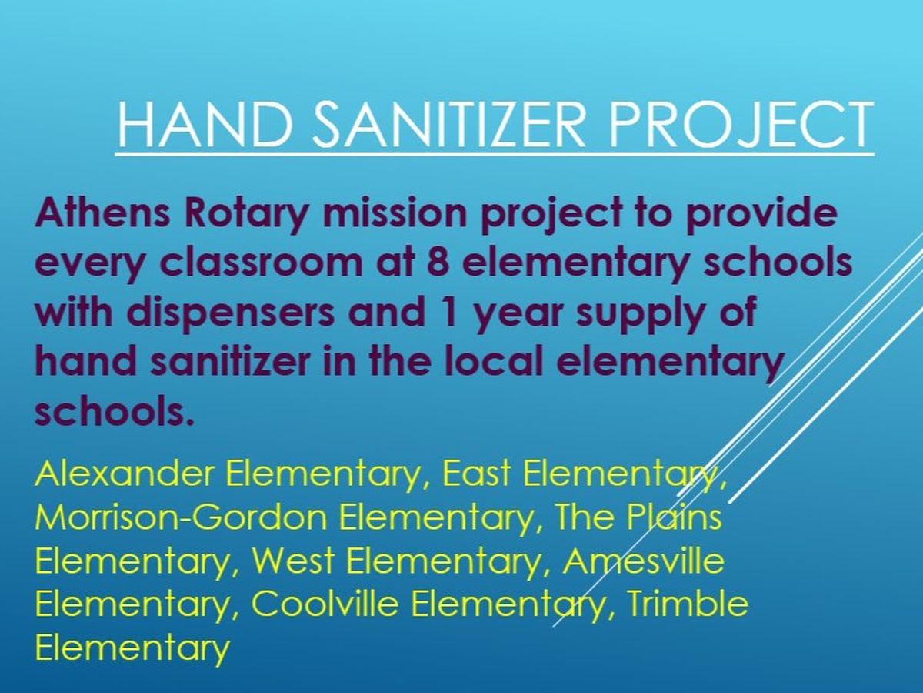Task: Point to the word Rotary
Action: click(x=245, y=216)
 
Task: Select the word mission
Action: click(x=394, y=213)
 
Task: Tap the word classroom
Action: click(x=261, y=262)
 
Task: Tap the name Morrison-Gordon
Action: click(x=182, y=517)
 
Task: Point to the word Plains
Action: click(x=673, y=517)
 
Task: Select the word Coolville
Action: click(x=325, y=604)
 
